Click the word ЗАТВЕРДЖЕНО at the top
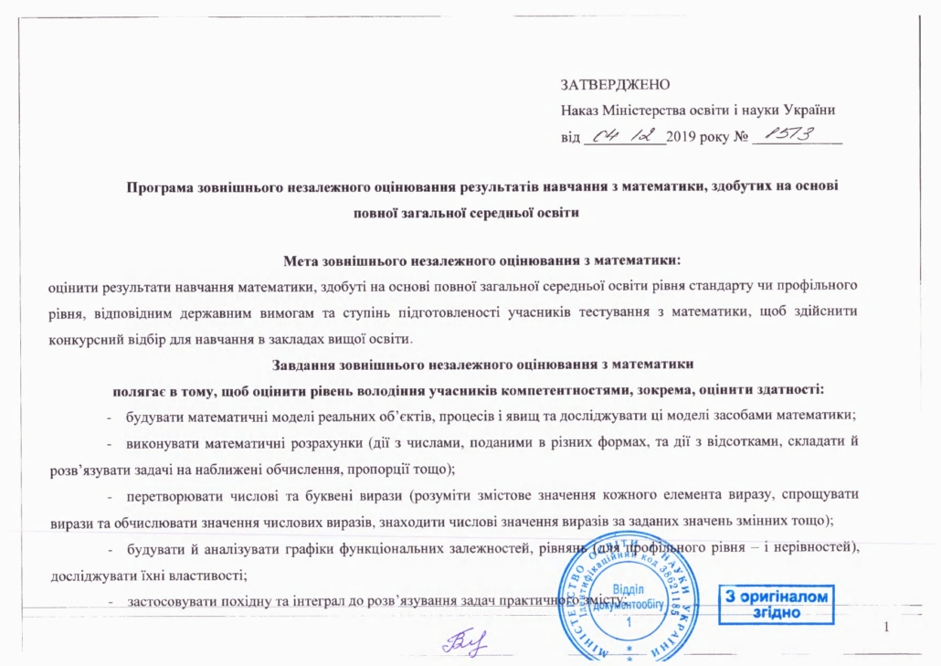615,85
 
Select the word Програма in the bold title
158,186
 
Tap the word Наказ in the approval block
579,111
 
